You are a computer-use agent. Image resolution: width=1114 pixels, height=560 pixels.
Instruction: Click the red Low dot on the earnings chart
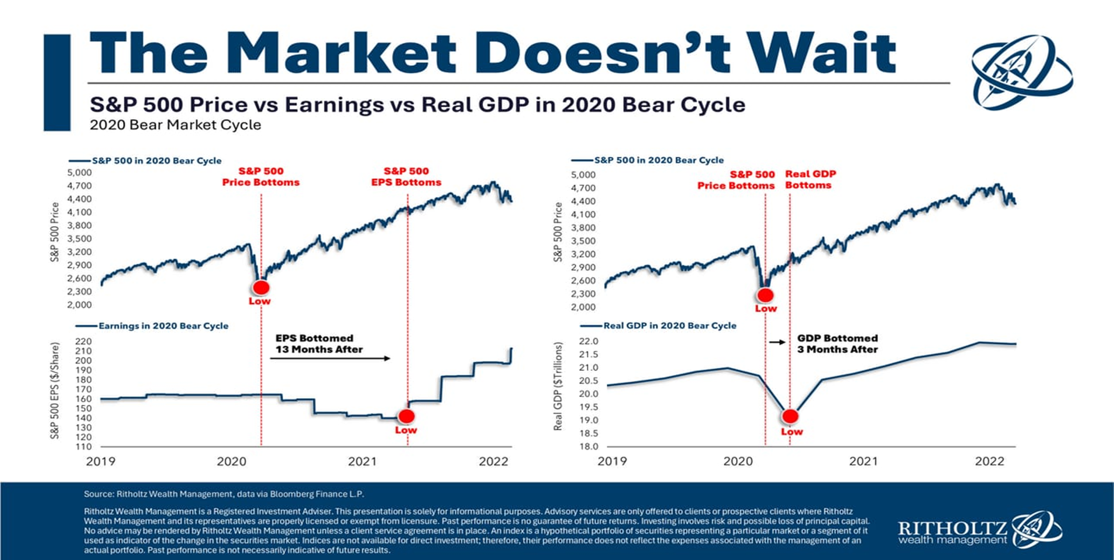407,416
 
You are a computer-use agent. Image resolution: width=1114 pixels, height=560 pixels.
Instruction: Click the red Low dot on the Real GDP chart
790,416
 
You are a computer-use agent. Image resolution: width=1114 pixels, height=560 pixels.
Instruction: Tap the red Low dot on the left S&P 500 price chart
261,287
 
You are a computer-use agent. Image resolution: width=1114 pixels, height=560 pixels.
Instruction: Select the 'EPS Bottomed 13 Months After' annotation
319,344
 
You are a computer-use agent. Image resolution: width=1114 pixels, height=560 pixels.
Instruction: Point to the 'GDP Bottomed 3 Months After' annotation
837,344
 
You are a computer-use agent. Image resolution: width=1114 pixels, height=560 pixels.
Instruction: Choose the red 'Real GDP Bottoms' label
810,179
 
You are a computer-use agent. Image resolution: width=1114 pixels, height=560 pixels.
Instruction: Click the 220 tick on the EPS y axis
84,341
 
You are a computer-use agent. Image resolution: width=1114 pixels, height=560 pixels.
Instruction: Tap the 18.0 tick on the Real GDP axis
589,446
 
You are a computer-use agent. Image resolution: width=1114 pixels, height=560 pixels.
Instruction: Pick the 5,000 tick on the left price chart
80,172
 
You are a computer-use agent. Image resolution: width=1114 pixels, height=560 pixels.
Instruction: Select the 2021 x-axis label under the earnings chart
362,462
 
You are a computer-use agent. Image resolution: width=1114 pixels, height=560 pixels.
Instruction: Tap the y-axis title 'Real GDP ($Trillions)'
558,386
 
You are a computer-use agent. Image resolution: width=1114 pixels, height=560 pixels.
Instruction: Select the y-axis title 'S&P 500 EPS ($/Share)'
54,391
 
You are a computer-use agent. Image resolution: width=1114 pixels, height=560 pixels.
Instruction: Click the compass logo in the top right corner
1021,72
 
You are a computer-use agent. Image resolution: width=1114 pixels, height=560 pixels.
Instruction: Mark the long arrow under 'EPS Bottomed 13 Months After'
330,358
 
